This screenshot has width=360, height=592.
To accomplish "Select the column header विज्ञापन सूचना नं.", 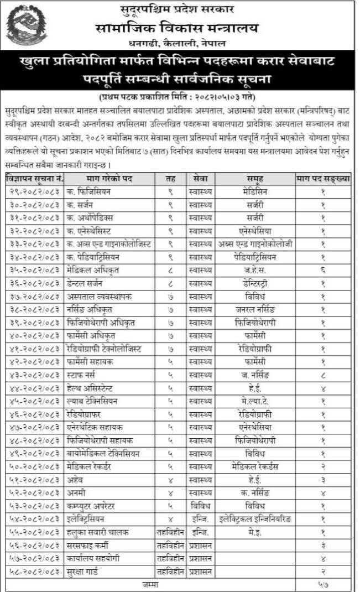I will (34, 179).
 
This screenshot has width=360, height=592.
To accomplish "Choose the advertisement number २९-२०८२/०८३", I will (34, 191).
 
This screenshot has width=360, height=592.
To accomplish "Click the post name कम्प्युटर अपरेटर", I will (93, 505).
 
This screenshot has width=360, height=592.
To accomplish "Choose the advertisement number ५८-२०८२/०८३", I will (34, 570).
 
